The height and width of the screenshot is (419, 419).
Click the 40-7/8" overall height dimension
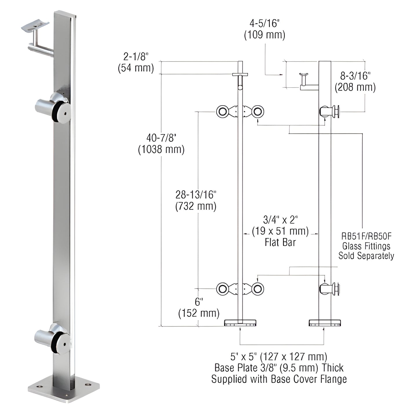click(161, 137)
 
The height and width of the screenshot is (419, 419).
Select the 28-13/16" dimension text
click(196, 195)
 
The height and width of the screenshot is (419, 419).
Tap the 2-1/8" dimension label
click(135, 56)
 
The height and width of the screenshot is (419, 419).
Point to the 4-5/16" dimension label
click(264, 23)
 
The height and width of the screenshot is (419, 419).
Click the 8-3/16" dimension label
click(355, 76)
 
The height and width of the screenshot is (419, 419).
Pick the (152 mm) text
click(199, 313)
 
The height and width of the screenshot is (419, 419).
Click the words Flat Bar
click(280, 242)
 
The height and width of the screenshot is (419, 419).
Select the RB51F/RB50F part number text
click(366, 236)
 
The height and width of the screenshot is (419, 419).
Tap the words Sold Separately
click(366, 256)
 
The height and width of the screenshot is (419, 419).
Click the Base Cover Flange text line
click(279, 379)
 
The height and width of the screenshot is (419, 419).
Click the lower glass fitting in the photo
click(53, 338)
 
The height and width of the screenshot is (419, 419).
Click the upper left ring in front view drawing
click(222, 112)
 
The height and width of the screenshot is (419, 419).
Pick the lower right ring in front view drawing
click(257, 289)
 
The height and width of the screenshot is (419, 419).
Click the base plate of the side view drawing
click(325, 323)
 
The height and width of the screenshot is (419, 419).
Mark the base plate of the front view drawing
click(240, 323)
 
